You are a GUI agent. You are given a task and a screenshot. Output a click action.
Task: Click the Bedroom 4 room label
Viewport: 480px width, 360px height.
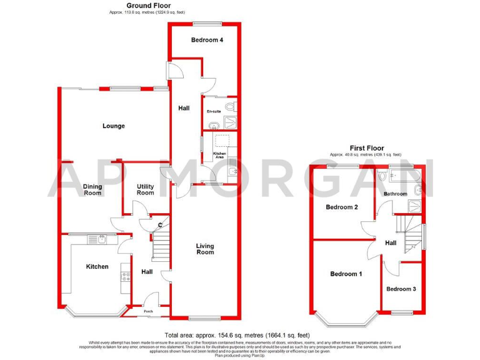tap(207, 40)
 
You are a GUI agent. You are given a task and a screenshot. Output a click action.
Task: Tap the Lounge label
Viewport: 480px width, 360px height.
tap(113, 126)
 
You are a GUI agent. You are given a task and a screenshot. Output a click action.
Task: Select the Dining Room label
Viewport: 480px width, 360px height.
tap(92, 189)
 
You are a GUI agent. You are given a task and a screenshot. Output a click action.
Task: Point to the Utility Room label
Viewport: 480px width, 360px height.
tap(145, 189)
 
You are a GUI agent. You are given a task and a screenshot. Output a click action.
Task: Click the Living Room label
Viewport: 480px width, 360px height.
tap(205, 249)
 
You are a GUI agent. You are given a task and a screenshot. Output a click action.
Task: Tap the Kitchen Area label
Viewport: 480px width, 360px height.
tap(219, 155)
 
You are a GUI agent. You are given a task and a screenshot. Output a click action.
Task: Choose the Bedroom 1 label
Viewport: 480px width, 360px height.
tap(346, 274)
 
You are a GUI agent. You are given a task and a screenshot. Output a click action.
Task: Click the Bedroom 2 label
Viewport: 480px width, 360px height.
tap(341, 207)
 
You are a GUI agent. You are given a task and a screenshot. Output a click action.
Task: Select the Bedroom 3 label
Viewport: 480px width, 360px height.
tap(401, 289)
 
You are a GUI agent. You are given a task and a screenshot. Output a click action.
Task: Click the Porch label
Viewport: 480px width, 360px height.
tap(149, 311)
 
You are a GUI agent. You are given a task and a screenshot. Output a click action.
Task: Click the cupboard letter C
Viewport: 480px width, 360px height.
tap(160, 225)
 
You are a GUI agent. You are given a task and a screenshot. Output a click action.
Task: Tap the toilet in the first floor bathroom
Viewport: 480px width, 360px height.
tap(382, 177)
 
